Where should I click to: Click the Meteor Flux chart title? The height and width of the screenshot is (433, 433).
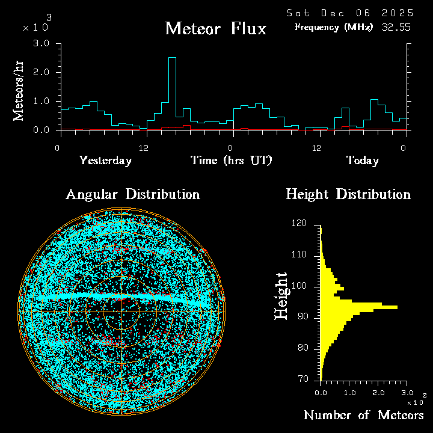click(x=215, y=28)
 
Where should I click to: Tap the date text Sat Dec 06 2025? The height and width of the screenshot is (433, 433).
click(x=349, y=13)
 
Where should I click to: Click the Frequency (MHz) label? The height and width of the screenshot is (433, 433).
click(x=334, y=27)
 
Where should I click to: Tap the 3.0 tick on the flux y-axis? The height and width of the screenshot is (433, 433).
click(x=41, y=43)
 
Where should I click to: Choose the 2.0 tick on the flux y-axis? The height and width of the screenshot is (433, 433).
click(x=41, y=72)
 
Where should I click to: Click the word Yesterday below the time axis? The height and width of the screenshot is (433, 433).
click(x=105, y=161)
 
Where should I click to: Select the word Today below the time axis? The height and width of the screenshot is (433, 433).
click(x=362, y=161)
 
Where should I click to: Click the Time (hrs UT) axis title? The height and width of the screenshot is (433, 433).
click(x=232, y=161)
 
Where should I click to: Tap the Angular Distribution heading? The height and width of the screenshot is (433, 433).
click(x=132, y=194)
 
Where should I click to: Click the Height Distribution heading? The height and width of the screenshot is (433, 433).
click(x=348, y=194)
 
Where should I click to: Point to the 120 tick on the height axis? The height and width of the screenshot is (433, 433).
click(x=299, y=224)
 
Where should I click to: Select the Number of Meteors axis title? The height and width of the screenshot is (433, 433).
click(x=363, y=416)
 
